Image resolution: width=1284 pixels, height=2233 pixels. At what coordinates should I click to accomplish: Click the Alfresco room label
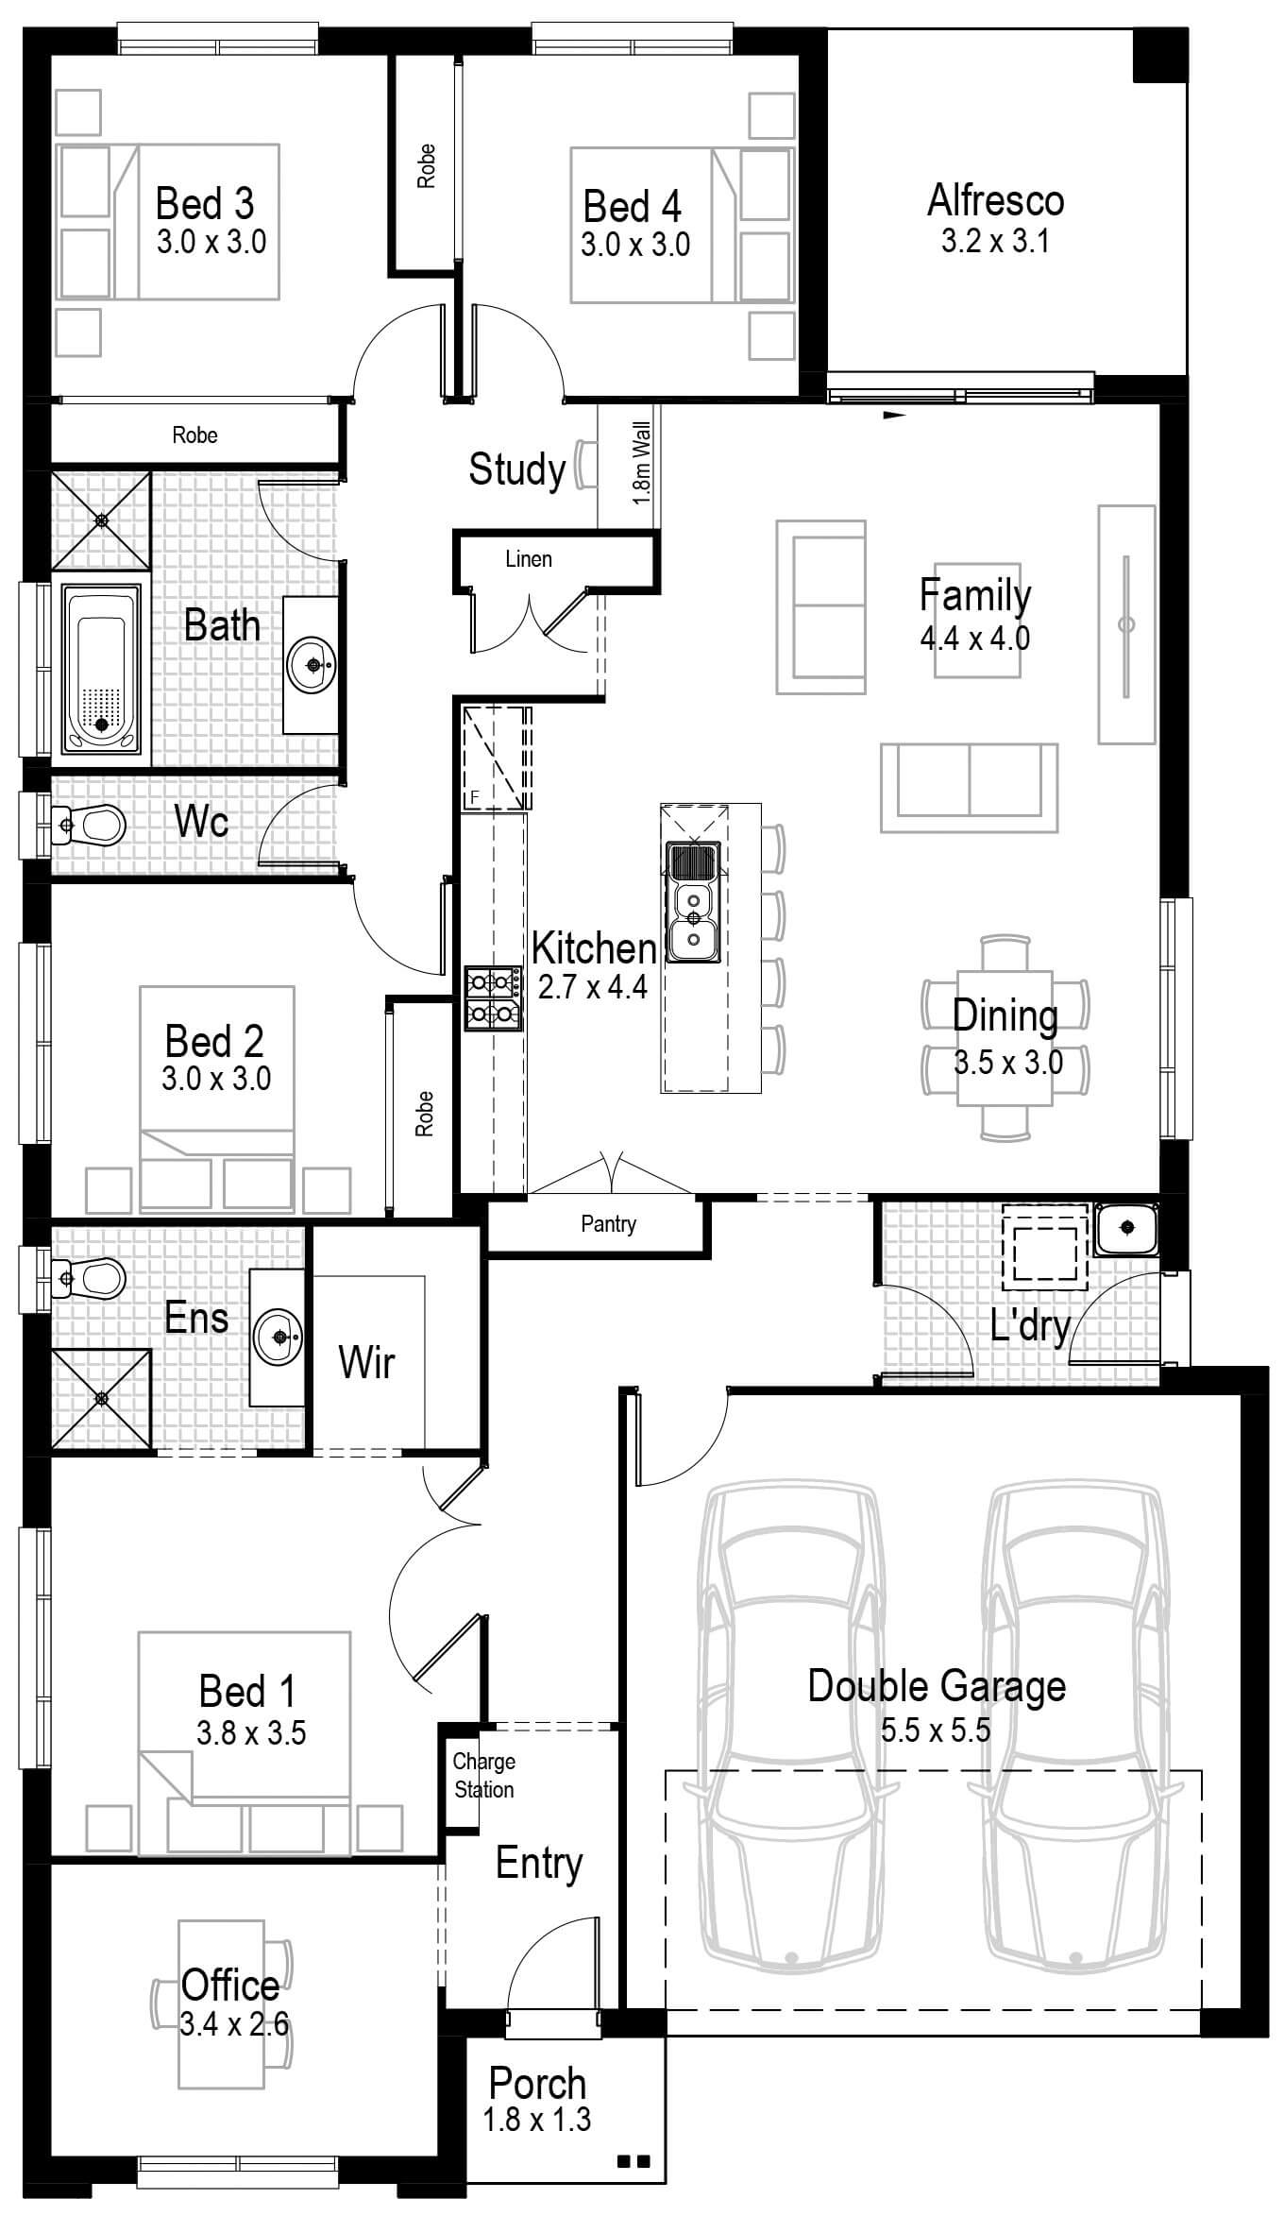(995, 200)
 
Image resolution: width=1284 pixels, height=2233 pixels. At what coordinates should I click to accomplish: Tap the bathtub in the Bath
(101, 669)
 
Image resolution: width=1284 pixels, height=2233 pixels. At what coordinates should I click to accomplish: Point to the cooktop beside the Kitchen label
(492, 997)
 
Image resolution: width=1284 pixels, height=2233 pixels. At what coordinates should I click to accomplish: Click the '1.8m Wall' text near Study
(642, 463)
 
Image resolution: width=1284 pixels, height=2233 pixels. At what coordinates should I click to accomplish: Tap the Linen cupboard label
(528, 559)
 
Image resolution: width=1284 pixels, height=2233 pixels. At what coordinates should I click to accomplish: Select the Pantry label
(608, 1224)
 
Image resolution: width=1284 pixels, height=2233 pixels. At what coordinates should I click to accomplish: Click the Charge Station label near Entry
(483, 1775)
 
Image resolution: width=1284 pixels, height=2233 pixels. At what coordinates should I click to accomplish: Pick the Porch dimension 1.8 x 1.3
(536, 2119)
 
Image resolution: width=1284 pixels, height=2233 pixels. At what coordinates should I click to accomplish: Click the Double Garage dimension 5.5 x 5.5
(935, 1730)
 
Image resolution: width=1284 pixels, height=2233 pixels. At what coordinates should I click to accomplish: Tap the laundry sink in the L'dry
(1126, 1228)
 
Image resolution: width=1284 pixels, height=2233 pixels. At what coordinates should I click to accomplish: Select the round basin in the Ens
(279, 1337)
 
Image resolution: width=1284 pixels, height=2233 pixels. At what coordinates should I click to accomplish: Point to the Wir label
(366, 1362)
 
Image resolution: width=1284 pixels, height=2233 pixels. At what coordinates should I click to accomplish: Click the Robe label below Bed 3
(194, 435)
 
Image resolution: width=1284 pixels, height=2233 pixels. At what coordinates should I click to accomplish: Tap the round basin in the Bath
(312, 664)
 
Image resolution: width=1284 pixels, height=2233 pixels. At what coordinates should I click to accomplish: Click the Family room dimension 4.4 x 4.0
(974, 639)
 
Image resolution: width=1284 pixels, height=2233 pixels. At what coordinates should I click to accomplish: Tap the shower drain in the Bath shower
(101, 520)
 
